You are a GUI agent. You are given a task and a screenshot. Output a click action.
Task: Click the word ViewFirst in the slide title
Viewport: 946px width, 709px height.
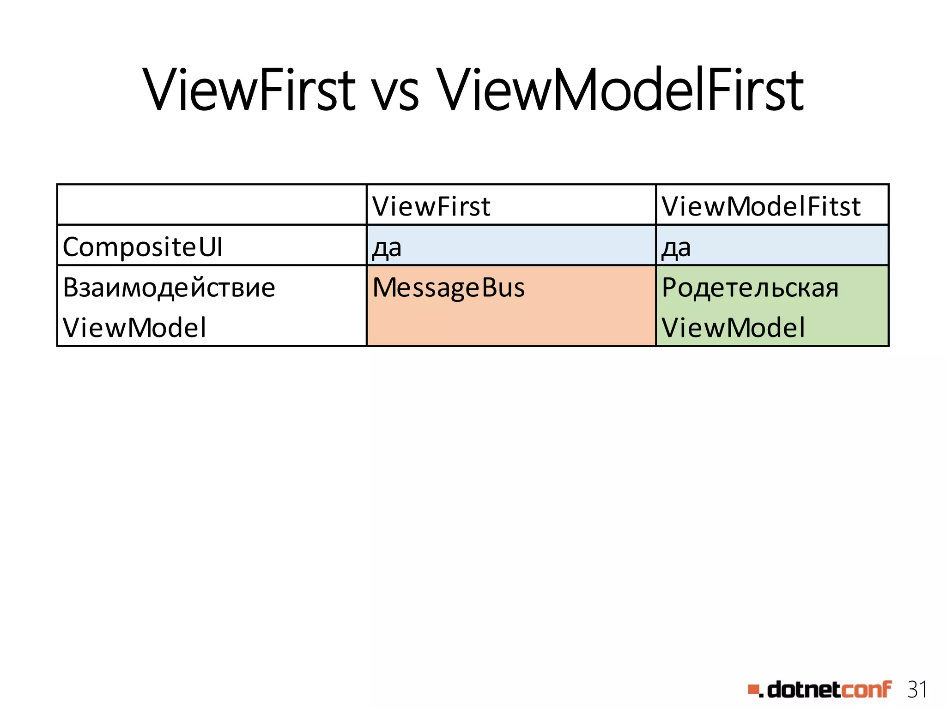tap(249, 90)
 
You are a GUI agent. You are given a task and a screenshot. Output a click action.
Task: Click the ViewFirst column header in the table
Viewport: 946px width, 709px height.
tap(431, 206)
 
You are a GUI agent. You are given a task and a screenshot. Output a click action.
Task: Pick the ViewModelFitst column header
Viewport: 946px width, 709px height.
tap(761, 206)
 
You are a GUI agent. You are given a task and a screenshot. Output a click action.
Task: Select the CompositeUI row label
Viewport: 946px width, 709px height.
tap(142, 246)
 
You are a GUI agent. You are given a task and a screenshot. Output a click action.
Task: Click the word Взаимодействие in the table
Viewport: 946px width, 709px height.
tap(169, 287)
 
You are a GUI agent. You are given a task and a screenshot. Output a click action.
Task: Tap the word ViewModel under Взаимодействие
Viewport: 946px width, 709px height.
tap(134, 328)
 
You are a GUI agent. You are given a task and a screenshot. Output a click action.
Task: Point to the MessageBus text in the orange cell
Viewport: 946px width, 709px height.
tap(449, 288)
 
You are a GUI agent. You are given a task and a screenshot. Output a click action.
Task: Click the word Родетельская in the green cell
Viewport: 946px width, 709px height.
tap(750, 288)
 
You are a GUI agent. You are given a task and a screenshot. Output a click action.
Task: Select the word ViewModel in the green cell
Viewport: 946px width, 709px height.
tap(733, 328)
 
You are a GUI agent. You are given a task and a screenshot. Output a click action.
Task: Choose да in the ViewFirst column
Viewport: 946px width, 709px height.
tap(387, 248)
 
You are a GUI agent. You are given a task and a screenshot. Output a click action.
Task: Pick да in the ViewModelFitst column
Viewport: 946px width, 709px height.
tap(676, 248)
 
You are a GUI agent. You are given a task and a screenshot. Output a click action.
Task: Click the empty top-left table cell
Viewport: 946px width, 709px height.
tap(212, 205)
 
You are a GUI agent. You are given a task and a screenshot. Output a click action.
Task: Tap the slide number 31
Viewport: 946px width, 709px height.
tap(917, 690)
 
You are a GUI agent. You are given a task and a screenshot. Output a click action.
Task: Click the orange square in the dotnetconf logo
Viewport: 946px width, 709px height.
tap(753, 690)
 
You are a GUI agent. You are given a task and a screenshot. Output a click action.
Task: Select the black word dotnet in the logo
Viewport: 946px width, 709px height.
tap(803, 690)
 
